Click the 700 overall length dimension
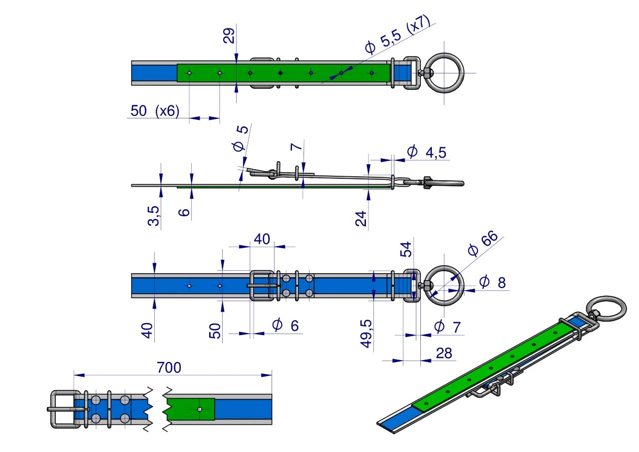[169, 368]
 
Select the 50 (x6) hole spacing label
[155, 111]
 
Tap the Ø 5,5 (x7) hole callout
[397, 34]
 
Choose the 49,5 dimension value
[366, 334]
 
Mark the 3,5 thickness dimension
[153, 216]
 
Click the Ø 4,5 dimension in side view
[426, 152]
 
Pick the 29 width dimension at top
[229, 35]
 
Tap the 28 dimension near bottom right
[444, 353]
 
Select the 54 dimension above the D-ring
[406, 249]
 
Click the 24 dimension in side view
[361, 219]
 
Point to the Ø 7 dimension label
[448, 327]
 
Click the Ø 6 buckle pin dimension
[285, 325]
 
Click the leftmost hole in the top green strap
[189, 73]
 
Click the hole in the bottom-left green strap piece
[200, 409]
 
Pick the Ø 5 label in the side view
[240, 138]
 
